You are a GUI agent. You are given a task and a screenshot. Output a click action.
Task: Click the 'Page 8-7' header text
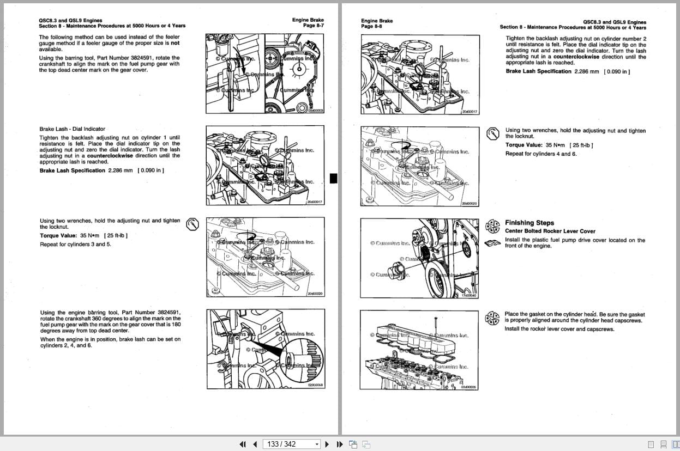(313, 26)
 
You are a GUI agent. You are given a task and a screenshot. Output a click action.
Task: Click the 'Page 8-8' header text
(371, 26)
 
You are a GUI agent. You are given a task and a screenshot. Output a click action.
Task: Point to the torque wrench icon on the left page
(191, 224)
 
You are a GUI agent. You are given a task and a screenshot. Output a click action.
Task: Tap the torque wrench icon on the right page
(492, 133)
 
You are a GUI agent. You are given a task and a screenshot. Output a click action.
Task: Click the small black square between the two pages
(334, 178)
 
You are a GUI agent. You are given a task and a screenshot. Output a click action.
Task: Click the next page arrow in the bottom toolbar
(327, 444)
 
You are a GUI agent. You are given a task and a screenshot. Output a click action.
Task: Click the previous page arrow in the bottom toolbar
(255, 444)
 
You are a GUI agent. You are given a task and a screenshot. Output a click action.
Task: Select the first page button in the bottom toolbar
(243, 444)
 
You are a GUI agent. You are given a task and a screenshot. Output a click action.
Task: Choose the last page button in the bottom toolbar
(339, 444)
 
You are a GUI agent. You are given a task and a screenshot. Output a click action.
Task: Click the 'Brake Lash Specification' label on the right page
(538, 71)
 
